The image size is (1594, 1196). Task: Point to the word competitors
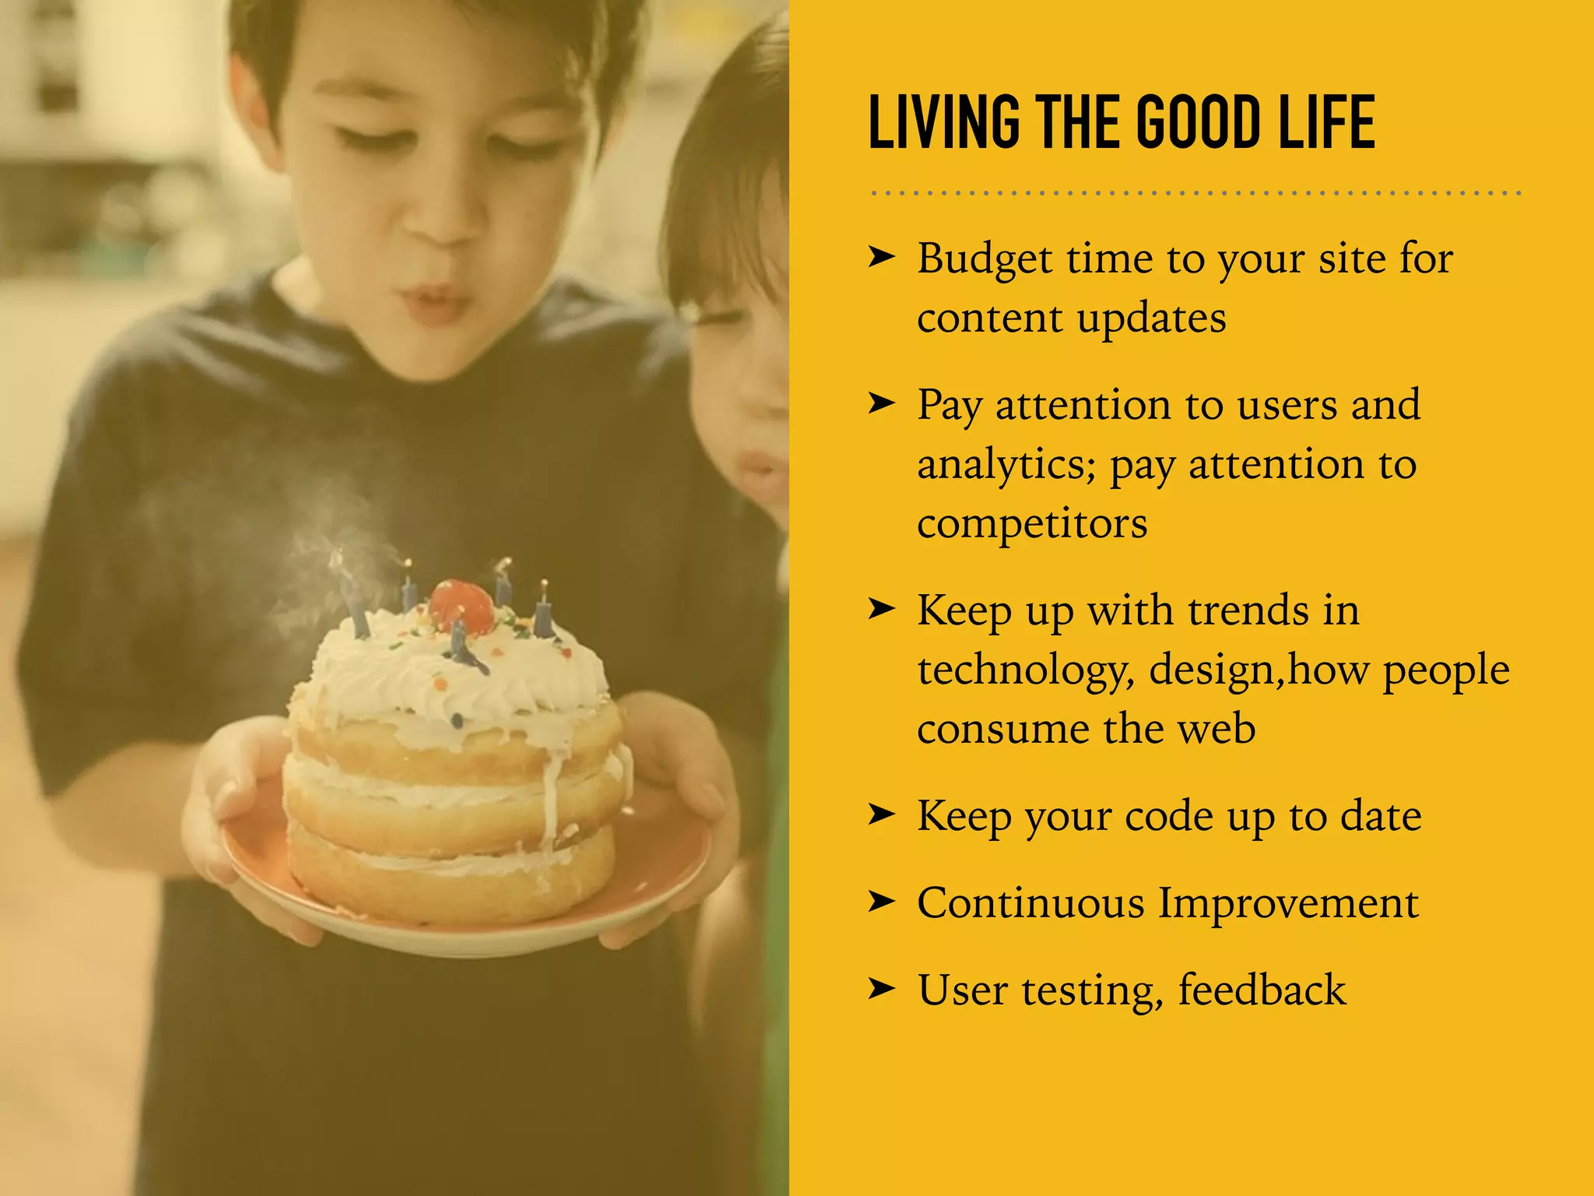click(x=1032, y=523)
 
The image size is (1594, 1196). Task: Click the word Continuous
click(x=1030, y=903)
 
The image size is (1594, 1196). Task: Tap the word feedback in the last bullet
click(x=1262, y=990)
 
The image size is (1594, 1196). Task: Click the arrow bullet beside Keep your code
click(x=882, y=814)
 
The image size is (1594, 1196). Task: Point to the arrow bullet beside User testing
click(x=882, y=989)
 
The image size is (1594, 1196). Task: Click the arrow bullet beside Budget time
click(x=882, y=256)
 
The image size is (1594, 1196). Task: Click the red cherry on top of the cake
click(x=461, y=605)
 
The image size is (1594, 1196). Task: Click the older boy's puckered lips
click(x=433, y=300)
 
